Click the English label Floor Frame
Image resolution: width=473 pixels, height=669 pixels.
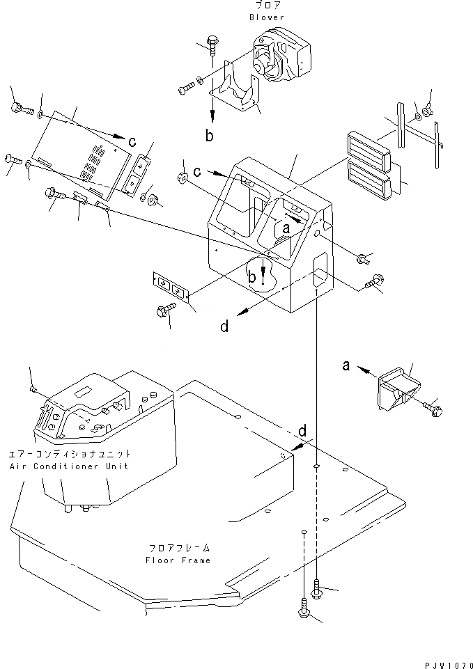(x=178, y=560)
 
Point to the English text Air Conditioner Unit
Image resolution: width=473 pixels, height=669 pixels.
(x=69, y=466)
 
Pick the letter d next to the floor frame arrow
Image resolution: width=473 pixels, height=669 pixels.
(x=302, y=432)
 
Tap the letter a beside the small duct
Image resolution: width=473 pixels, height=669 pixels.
(x=346, y=365)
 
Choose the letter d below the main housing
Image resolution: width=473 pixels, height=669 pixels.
(x=224, y=326)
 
